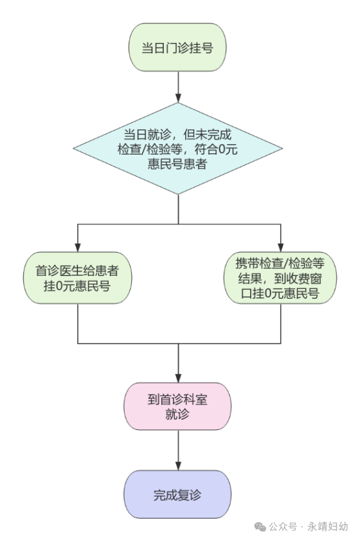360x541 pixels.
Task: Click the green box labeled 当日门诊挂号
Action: coord(177,47)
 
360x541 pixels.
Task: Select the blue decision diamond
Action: coord(178,148)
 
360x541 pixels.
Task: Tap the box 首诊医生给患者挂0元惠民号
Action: coord(77,278)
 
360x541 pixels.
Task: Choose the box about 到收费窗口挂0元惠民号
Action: coord(280,278)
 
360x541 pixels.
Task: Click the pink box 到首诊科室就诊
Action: coord(177,406)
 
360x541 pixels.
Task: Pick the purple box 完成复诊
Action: coord(177,494)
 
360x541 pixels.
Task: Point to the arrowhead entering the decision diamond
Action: coord(178,98)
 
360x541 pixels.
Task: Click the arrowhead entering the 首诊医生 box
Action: coord(78,247)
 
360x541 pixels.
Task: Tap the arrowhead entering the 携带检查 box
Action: coord(281,247)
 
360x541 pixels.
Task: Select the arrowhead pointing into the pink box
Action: coord(178,378)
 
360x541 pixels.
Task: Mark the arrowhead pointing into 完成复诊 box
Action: coord(178,466)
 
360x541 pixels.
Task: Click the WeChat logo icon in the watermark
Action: coord(260,527)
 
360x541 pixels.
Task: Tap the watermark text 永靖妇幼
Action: coord(328,527)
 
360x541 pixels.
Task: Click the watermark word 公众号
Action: coord(283,527)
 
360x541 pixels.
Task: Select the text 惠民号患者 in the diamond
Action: coord(177,164)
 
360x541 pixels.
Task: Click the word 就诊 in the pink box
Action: coord(177,414)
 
